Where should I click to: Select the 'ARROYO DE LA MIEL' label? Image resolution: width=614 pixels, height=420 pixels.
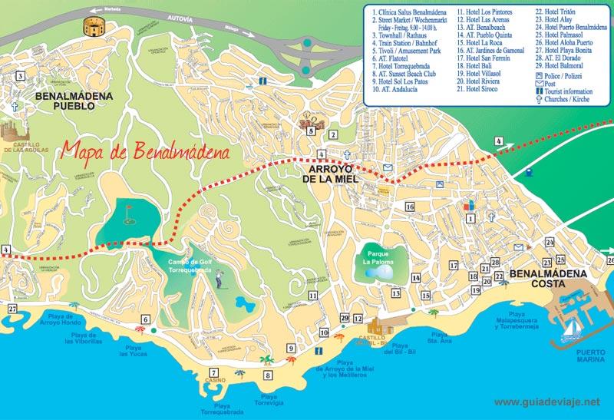335,174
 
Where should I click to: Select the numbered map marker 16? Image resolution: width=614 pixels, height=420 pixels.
410,207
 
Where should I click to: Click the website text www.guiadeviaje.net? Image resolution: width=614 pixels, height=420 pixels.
548,402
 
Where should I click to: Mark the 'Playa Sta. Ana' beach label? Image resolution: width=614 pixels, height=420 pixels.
439,338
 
